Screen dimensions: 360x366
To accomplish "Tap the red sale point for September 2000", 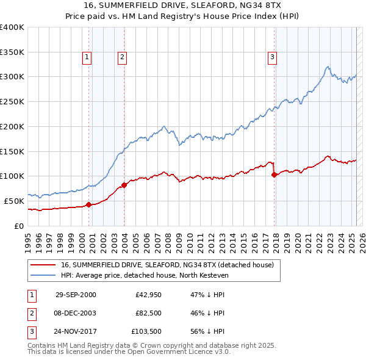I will click(x=89, y=204).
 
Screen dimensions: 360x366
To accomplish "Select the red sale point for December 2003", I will click(x=124, y=184).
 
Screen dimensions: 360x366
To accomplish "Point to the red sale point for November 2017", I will click(x=274, y=175).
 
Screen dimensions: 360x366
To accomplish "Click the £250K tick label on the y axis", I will click(x=12, y=101).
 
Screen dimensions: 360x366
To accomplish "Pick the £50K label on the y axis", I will click(x=14, y=201).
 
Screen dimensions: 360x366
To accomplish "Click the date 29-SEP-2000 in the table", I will click(x=76, y=295).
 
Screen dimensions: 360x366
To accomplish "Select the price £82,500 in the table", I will click(x=149, y=313).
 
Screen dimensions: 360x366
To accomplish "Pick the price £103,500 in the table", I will click(x=147, y=331).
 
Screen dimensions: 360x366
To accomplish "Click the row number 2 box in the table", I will click(x=31, y=313).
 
